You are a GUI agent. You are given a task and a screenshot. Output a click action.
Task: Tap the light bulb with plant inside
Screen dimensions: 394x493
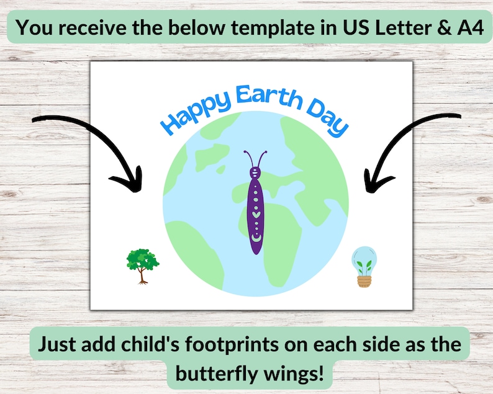(364, 266)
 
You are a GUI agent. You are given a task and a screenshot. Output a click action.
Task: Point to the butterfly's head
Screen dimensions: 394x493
(255, 170)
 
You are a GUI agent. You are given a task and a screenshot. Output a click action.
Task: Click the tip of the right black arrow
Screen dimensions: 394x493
(368, 187)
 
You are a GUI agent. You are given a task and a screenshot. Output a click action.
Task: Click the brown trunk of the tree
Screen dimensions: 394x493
(143, 277)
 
